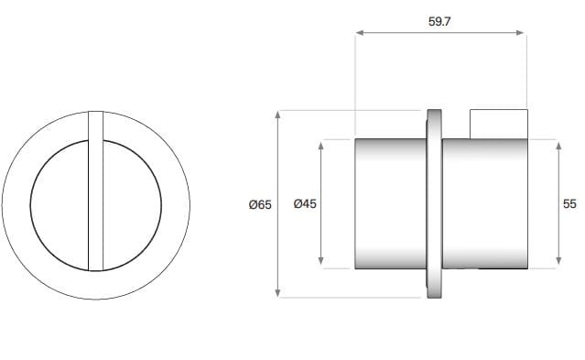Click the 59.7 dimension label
[x=439, y=22]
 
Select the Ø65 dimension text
[x=260, y=204]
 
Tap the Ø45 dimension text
[x=305, y=204]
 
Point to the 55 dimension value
[x=569, y=204]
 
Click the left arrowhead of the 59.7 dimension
[x=360, y=33]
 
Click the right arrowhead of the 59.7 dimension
[x=521, y=33]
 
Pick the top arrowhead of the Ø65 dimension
[x=277, y=115]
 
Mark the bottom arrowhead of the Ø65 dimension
[x=277, y=293]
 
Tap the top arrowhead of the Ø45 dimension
[x=320, y=146]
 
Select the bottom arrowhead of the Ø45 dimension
[x=320, y=261]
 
